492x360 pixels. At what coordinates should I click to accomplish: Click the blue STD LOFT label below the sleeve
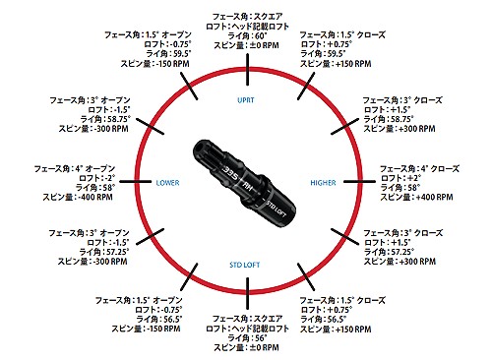click(246, 265)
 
